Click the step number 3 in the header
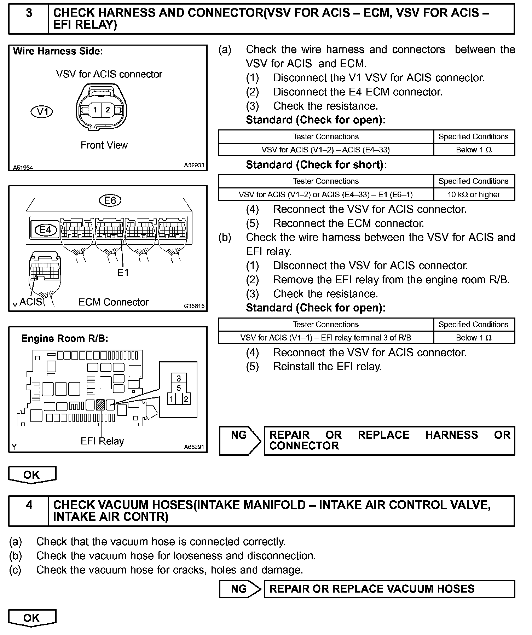click(29, 13)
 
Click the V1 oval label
click(42, 112)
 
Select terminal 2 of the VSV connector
click(108, 110)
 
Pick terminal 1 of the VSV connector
click(94, 110)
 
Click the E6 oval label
click(110, 200)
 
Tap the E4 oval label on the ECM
click(45, 230)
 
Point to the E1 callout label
click(123, 273)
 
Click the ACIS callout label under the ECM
click(31, 302)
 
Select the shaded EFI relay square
click(100, 404)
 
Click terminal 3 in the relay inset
click(179, 379)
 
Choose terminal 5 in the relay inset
click(179, 388)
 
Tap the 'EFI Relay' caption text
click(102, 441)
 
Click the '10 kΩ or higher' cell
click(474, 194)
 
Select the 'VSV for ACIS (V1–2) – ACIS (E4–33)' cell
click(325, 150)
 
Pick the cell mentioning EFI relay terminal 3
click(325, 338)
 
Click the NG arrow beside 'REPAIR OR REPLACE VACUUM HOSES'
click(240, 589)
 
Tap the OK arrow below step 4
click(32, 618)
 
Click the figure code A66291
click(194, 447)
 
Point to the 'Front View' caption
click(104, 145)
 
